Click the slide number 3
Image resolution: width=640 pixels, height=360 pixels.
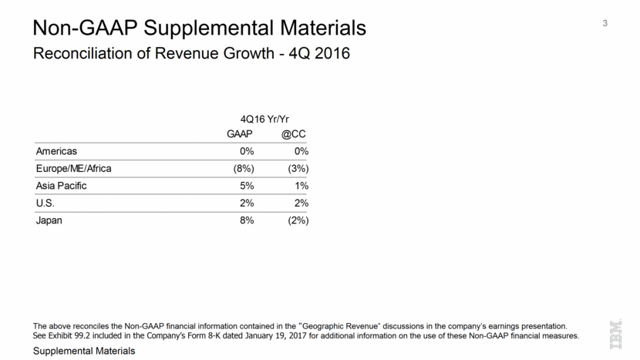coord(605,23)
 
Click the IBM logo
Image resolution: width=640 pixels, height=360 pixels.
coord(617,334)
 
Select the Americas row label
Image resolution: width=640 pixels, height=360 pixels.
coord(56,151)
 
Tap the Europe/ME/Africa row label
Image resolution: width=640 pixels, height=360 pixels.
coord(74,169)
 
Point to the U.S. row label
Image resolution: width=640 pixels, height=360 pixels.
coord(47,204)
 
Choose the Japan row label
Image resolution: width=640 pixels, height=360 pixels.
coord(49,220)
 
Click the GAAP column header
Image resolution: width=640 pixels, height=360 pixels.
coord(239,134)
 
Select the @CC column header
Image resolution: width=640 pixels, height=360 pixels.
coord(294,134)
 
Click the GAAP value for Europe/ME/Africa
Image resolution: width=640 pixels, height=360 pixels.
coord(241,169)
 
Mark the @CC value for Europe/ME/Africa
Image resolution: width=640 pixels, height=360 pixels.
coord(296,169)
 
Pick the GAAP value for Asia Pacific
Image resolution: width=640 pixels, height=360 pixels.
coord(246,186)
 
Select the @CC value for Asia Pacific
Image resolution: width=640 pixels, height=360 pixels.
coord(301,186)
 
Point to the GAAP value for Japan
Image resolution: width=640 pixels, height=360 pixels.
coord(246,220)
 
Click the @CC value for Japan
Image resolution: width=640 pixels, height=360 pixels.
coord(296,220)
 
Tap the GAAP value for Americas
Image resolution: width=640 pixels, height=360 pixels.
coord(246,151)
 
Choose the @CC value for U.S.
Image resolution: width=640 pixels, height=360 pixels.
coord(301,204)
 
